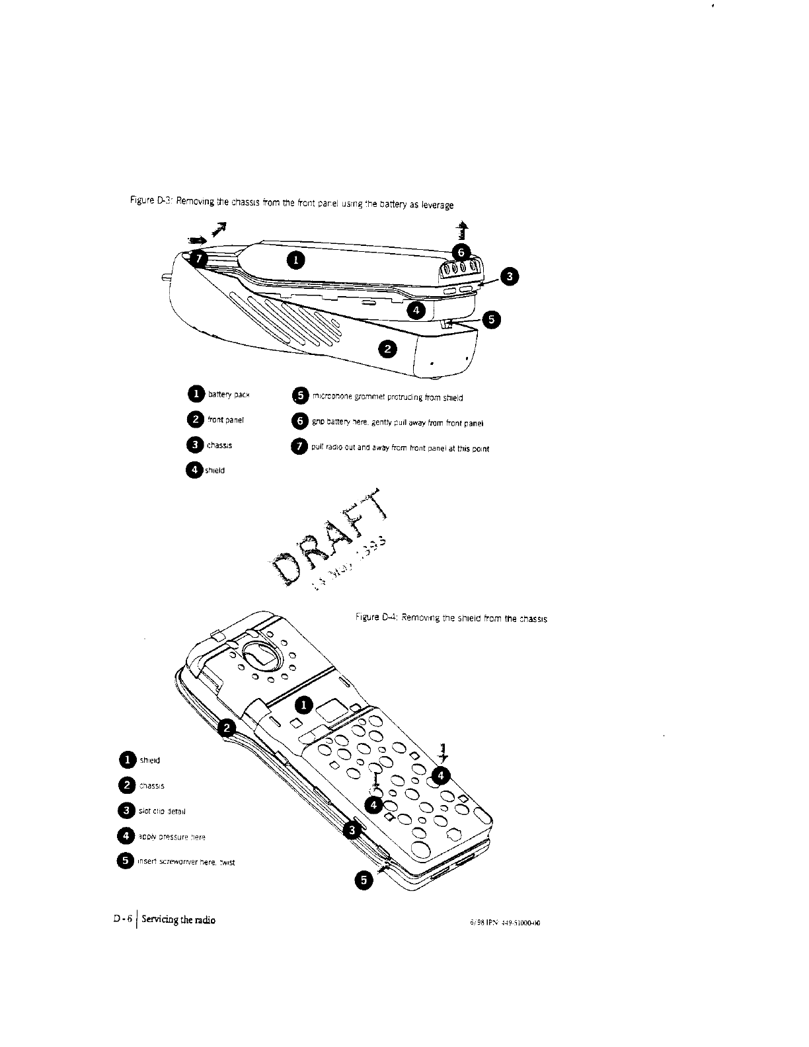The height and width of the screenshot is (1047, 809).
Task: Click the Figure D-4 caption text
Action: coord(449,619)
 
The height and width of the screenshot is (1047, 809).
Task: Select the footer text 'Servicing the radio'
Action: coord(176,920)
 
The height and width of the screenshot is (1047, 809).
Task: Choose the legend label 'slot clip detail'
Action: coord(165,809)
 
